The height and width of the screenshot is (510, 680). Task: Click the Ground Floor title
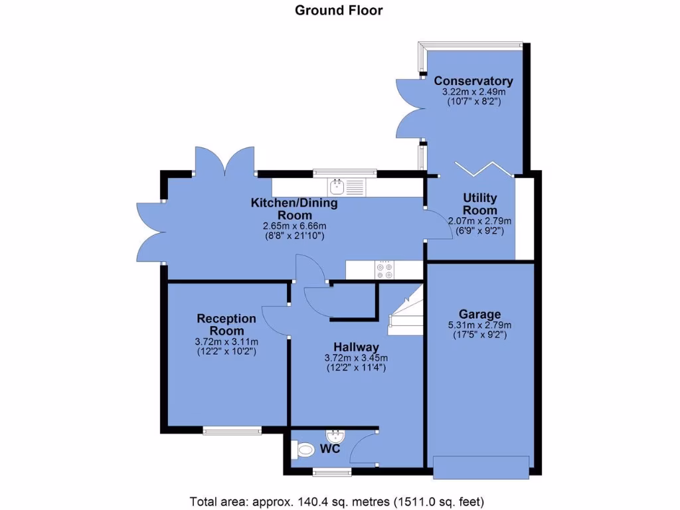(339, 10)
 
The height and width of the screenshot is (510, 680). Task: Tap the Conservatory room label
(473, 81)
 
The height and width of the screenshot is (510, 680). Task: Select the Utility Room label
(480, 204)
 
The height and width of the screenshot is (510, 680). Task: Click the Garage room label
(480, 314)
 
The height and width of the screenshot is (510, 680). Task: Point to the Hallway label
(356, 347)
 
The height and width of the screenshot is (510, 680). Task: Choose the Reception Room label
(226, 325)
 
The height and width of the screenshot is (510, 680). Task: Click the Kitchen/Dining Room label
(294, 209)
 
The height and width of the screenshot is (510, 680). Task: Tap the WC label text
(331, 450)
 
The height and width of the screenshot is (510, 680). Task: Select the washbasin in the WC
(337, 436)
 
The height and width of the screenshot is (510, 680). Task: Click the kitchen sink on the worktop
(338, 185)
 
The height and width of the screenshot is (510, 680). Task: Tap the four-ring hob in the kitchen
(384, 268)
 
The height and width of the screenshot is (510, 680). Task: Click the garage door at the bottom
(481, 466)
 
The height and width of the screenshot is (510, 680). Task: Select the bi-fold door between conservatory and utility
(484, 169)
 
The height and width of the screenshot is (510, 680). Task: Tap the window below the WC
(332, 472)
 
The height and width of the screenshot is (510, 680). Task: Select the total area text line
(339, 500)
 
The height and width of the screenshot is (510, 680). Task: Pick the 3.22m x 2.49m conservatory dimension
(473, 92)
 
